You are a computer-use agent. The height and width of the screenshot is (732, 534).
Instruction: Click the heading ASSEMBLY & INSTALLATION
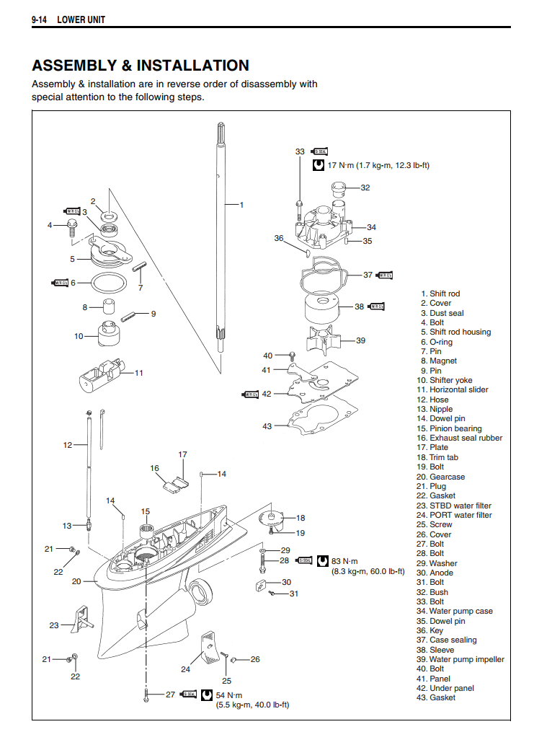point(141,66)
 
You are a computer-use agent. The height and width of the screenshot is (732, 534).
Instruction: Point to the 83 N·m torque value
point(344,560)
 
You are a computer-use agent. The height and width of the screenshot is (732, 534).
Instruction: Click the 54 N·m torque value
point(228,694)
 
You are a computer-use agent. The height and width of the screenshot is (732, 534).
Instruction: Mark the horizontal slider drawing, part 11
point(99,374)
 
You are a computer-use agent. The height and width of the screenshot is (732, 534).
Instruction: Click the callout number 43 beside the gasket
point(267,426)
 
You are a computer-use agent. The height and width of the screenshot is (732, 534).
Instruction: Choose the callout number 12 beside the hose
point(67,445)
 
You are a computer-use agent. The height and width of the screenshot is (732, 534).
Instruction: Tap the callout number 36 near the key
point(279,238)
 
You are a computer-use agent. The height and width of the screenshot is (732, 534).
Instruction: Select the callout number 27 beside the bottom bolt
point(170,694)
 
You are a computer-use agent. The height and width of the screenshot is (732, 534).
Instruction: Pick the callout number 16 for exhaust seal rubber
point(155,468)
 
